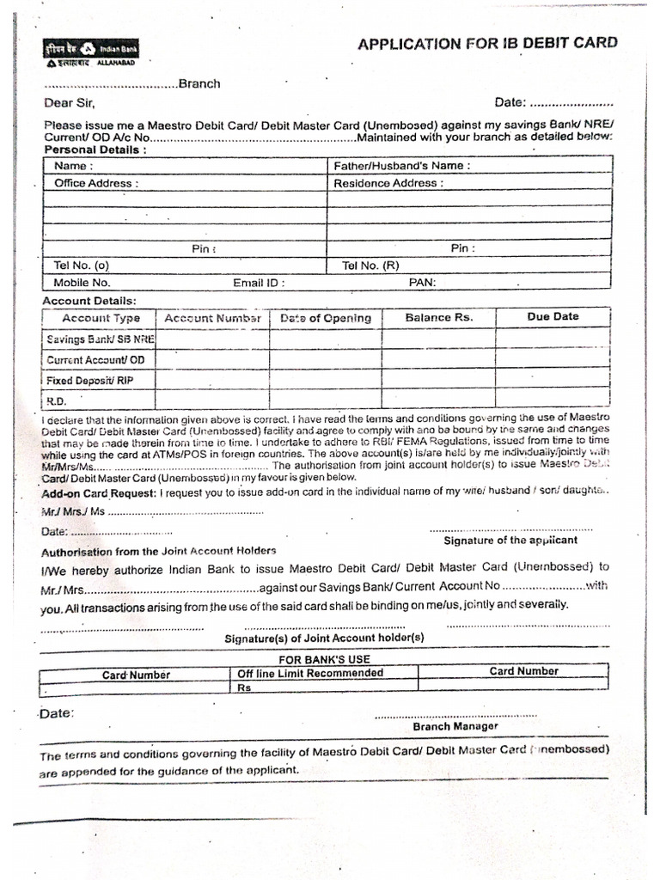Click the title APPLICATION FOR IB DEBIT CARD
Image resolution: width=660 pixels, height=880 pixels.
[x=486, y=43]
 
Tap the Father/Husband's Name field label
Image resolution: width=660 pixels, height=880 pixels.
[x=401, y=166]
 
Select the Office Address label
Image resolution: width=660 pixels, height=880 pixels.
[x=95, y=183]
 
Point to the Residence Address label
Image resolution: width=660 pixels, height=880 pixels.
[x=388, y=183]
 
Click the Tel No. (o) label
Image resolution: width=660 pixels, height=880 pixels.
[x=82, y=266]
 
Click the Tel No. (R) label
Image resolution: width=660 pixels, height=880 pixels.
[x=370, y=266]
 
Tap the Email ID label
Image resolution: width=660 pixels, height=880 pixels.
[x=259, y=283]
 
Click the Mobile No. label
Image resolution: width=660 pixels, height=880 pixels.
[x=82, y=283]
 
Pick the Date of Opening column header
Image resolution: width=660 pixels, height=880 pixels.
[x=326, y=318]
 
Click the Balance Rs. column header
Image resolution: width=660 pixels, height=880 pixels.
[x=438, y=317]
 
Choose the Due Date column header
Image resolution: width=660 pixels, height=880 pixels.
[x=553, y=316]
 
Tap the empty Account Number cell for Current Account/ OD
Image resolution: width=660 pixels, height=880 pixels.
[x=212, y=359]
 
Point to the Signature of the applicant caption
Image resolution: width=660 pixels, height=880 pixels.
[x=510, y=541]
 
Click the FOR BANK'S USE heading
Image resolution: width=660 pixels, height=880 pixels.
[x=323, y=658]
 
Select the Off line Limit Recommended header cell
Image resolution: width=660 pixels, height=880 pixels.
[x=310, y=673]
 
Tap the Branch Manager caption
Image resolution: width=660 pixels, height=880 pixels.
[x=455, y=726]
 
